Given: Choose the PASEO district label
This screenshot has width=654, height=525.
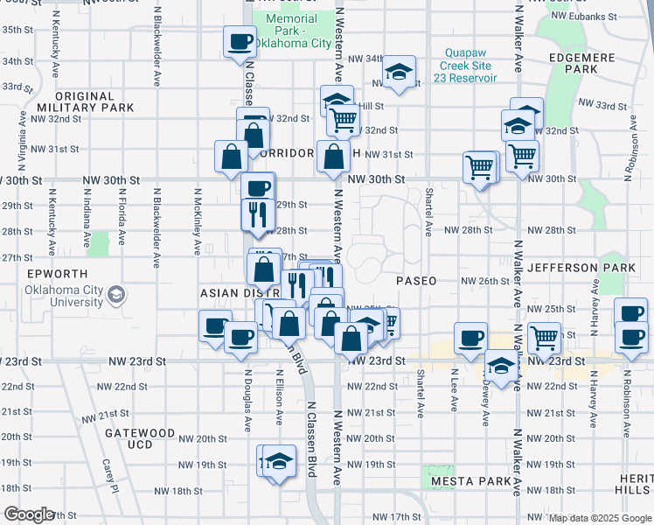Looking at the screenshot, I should click(x=415, y=282).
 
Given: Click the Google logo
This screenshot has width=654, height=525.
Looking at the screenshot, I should click(x=29, y=514).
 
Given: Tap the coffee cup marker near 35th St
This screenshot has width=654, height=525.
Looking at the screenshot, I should click(x=240, y=40).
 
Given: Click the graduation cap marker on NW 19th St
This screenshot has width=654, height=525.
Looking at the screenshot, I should click(x=278, y=460).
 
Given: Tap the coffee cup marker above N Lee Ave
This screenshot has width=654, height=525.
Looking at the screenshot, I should click(x=470, y=337).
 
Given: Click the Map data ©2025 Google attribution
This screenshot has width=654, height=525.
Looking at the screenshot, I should click(x=600, y=518).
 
